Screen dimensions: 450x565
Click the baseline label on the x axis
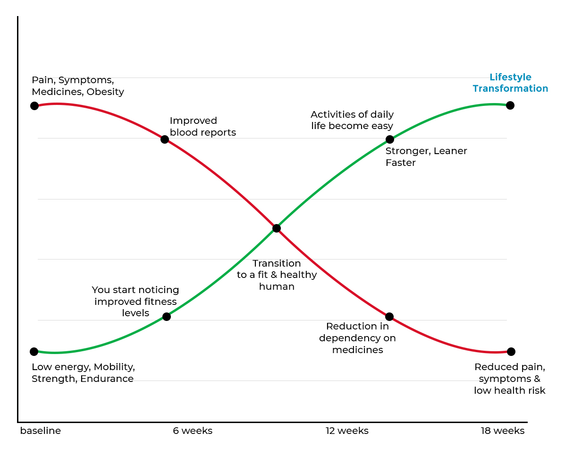pos(41,431)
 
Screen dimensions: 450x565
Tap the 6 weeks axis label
pos(193,431)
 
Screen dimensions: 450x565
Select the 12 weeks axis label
pos(347,431)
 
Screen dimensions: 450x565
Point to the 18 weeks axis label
pos(503,431)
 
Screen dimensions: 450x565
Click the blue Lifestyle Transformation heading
pos(510,83)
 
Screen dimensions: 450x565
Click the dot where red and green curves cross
pos(277,228)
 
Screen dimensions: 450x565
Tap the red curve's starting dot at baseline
pos(34,105)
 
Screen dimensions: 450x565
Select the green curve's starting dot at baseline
pos(34,352)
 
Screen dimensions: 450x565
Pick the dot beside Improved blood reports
pos(165,139)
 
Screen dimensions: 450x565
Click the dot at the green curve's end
pos(510,105)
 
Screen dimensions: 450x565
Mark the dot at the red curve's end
pos(511,352)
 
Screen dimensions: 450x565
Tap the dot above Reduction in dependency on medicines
pos(389,317)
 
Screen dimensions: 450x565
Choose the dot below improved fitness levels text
pos(166,317)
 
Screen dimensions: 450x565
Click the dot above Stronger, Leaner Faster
pos(389,139)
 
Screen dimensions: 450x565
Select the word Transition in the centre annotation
pos(277,263)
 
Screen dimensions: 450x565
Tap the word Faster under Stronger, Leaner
pos(401,163)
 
